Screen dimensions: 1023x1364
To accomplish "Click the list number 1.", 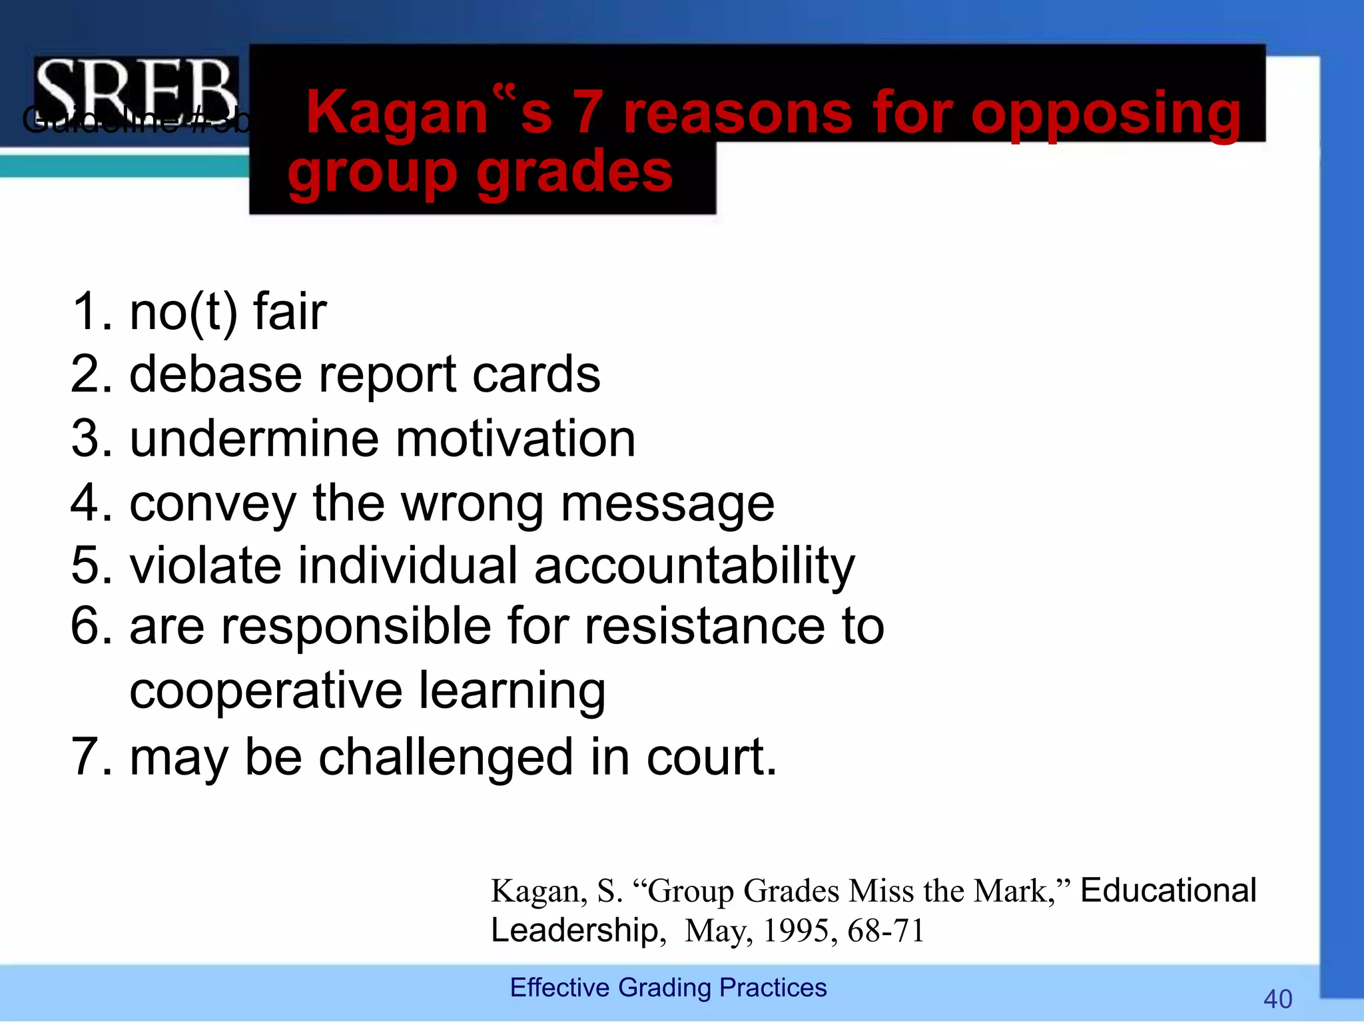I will pyautogui.click(x=89, y=312).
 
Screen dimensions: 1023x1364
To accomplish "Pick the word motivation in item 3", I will pyautogui.click(x=516, y=439).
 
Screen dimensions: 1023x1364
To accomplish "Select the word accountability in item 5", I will pyautogui.click(x=694, y=565).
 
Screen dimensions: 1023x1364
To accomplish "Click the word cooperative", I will pyautogui.click(x=266, y=691).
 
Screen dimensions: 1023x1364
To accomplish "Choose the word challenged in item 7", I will pyautogui.click(x=446, y=757).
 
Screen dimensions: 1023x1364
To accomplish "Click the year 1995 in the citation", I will pyautogui.click(x=795, y=931).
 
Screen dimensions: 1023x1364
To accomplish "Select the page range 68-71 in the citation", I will pyautogui.click(x=886, y=931).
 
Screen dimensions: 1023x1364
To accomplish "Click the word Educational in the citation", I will pyautogui.click(x=1168, y=890).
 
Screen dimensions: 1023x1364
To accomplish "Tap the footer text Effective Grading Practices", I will pyautogui.click(x=668, y=988).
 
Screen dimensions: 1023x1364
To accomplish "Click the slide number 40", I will pyautogui.click(x=1277, y=999).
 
